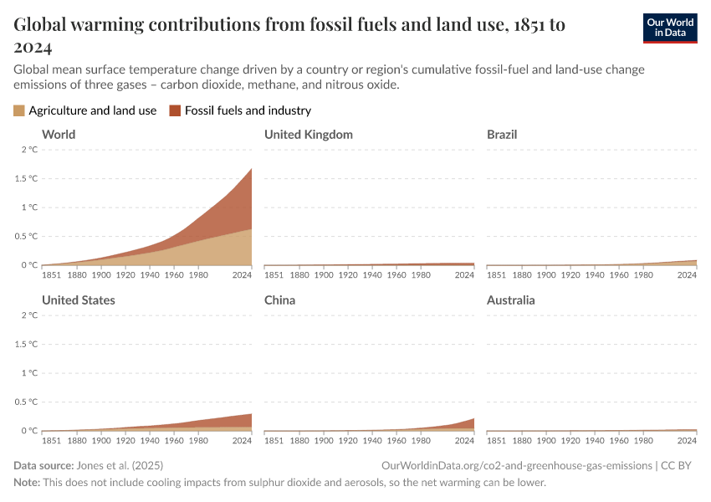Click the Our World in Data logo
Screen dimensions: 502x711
click(x=669, y=28)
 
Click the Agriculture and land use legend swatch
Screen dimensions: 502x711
click(x=19, y=110)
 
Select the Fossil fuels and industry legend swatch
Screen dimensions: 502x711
click(x=175, y=110)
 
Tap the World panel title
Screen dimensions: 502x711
click(x=59, y=135)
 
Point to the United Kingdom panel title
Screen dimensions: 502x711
click(x=308, y=135)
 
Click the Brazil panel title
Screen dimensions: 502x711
click(x=502, y=135)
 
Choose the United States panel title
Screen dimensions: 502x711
click(x=79, y=300)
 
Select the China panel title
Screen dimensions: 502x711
click(x=281, y=300)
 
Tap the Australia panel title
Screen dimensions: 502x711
click(x=510, y=300)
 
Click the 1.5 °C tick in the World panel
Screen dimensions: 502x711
click(x=28, y=179)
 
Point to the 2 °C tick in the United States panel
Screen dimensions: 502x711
click(x=28, y=315)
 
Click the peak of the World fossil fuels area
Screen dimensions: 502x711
click(x=251, y=170)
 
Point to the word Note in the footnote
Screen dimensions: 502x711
click(x=26, y=483)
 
